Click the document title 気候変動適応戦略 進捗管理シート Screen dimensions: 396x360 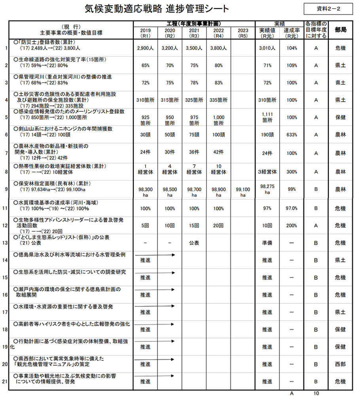pyautogui.click(x=157, y=9)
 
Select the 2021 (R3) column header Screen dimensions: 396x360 pyautogui.click(x=194, y=33)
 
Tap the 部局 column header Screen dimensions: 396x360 pyautogui.click(x=341, y=30)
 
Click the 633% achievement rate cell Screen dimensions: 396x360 pyautogui.click(x=292, y=135)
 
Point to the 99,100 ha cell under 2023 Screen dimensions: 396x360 pyautogui.click(x=243, y=192)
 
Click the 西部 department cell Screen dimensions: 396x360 pyautogui.click(x=341, y=364)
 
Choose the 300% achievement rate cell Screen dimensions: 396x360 pyautogui.click(x=292, y=172)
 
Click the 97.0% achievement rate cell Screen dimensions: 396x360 pyautogui.click(x=292, y=208)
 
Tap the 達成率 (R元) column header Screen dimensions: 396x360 pyautogui.click(x=292, y=33)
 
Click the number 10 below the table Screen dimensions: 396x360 pyautogui.click(x=316, y=393)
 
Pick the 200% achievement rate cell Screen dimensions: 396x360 pyautogui.click(x=292, y=225)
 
